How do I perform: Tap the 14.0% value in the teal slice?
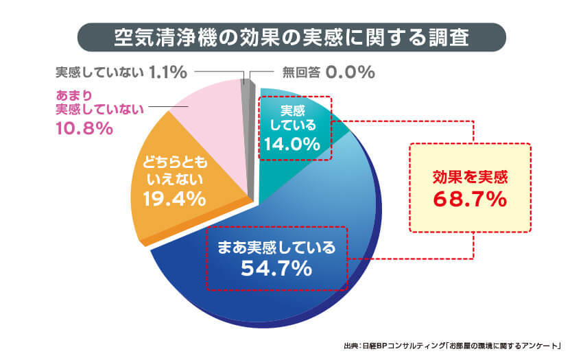294,144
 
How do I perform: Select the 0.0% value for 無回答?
350,71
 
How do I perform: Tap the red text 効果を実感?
470,176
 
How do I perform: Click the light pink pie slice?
209,113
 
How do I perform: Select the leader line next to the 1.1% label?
216,71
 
